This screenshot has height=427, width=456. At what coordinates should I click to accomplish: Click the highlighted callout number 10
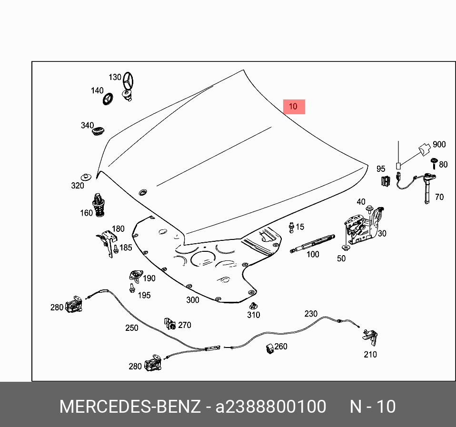293,107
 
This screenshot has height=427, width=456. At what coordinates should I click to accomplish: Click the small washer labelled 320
86,177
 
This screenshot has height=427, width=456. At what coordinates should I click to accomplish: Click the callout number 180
118,228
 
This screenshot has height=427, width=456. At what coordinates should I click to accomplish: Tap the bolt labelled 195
131,287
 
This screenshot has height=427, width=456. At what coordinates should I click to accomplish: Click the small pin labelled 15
291,228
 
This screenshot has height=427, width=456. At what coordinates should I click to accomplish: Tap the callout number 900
439,144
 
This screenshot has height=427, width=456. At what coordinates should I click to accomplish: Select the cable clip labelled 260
269,348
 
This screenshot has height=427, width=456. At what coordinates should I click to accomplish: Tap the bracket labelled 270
169,324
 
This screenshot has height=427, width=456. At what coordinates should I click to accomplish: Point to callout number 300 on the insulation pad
192,300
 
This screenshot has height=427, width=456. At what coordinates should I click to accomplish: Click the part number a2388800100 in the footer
271,407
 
